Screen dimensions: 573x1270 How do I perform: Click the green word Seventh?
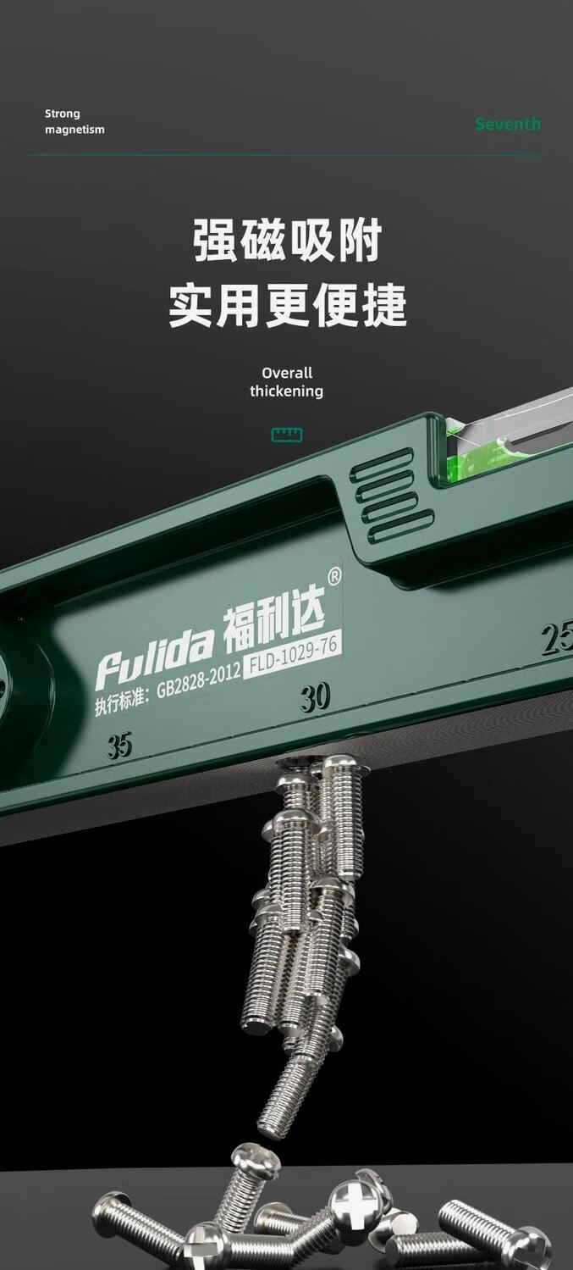(508, 124)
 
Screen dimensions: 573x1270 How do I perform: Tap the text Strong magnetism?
(74, 121)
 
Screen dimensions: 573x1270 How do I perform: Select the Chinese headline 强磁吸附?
(287, 241)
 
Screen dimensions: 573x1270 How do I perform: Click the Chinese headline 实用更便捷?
(287, 306)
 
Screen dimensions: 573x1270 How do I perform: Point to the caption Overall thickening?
(286, 381)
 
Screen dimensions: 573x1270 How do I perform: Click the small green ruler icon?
(286, 435)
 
